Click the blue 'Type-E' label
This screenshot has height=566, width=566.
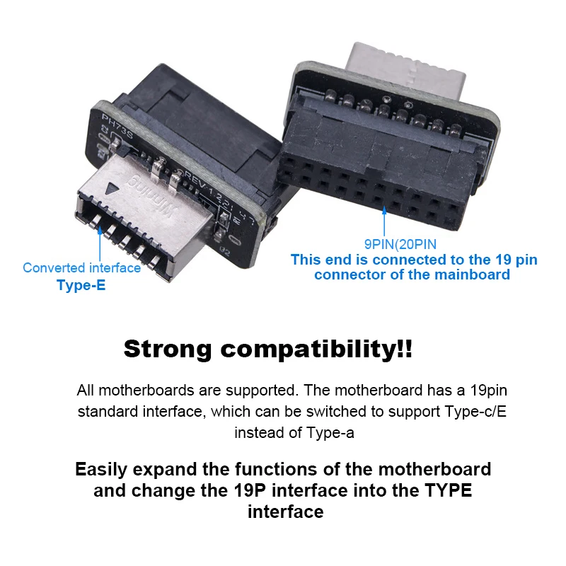click(81, 286)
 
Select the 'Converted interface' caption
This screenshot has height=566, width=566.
click(81, 267)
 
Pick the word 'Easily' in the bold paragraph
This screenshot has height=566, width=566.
click(103, 469)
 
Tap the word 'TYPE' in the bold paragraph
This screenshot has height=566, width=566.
click(446, 490)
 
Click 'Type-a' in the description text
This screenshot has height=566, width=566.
click(330, 432)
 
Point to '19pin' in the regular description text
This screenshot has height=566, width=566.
click(470, 390)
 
